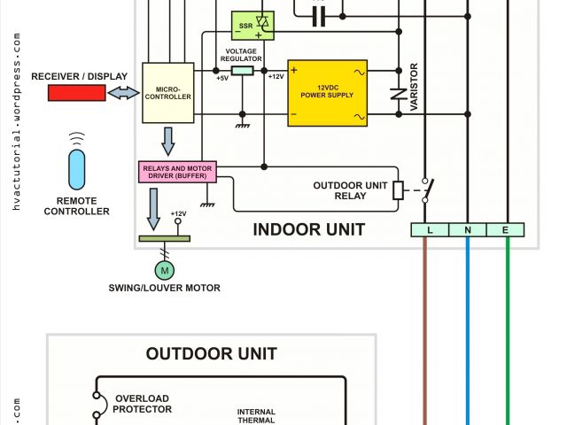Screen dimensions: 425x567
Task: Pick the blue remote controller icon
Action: click(78, 168)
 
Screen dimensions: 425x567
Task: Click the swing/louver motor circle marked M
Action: click(165, 268)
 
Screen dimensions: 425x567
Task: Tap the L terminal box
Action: click(430, 230)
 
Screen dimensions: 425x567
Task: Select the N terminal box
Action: click(469, 230)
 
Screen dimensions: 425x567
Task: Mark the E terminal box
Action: click(507, 230)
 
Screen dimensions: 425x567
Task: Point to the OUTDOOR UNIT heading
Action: click(212, 354)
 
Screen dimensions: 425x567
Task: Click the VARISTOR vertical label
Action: click(414, 88)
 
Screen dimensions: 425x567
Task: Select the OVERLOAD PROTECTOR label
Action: click(142, 404)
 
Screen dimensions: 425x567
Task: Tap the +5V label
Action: click(221, 79)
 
